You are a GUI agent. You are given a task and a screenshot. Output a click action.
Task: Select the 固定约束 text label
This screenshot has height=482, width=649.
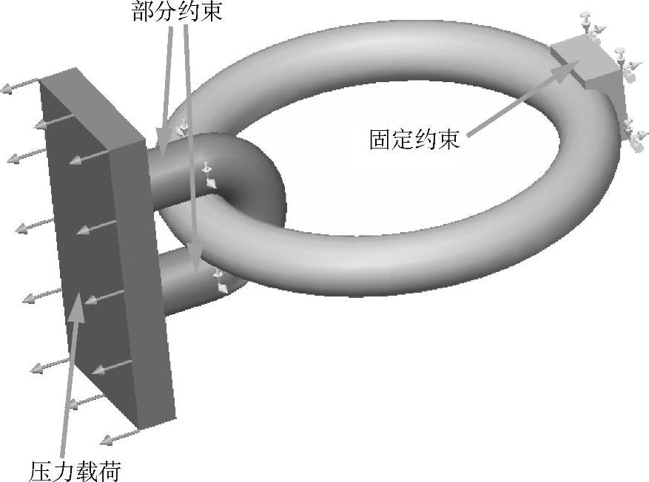tap(414, 140)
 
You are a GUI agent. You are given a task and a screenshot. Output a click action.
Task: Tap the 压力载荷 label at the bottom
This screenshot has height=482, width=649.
tap(75, 470)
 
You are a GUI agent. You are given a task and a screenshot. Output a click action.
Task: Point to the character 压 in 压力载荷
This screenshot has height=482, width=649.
tap(41, 470)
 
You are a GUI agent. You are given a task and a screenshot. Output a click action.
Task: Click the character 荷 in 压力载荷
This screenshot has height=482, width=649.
tap(109, 470)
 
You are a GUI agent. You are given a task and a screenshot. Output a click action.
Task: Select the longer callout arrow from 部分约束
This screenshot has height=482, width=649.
tap(191, 148)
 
